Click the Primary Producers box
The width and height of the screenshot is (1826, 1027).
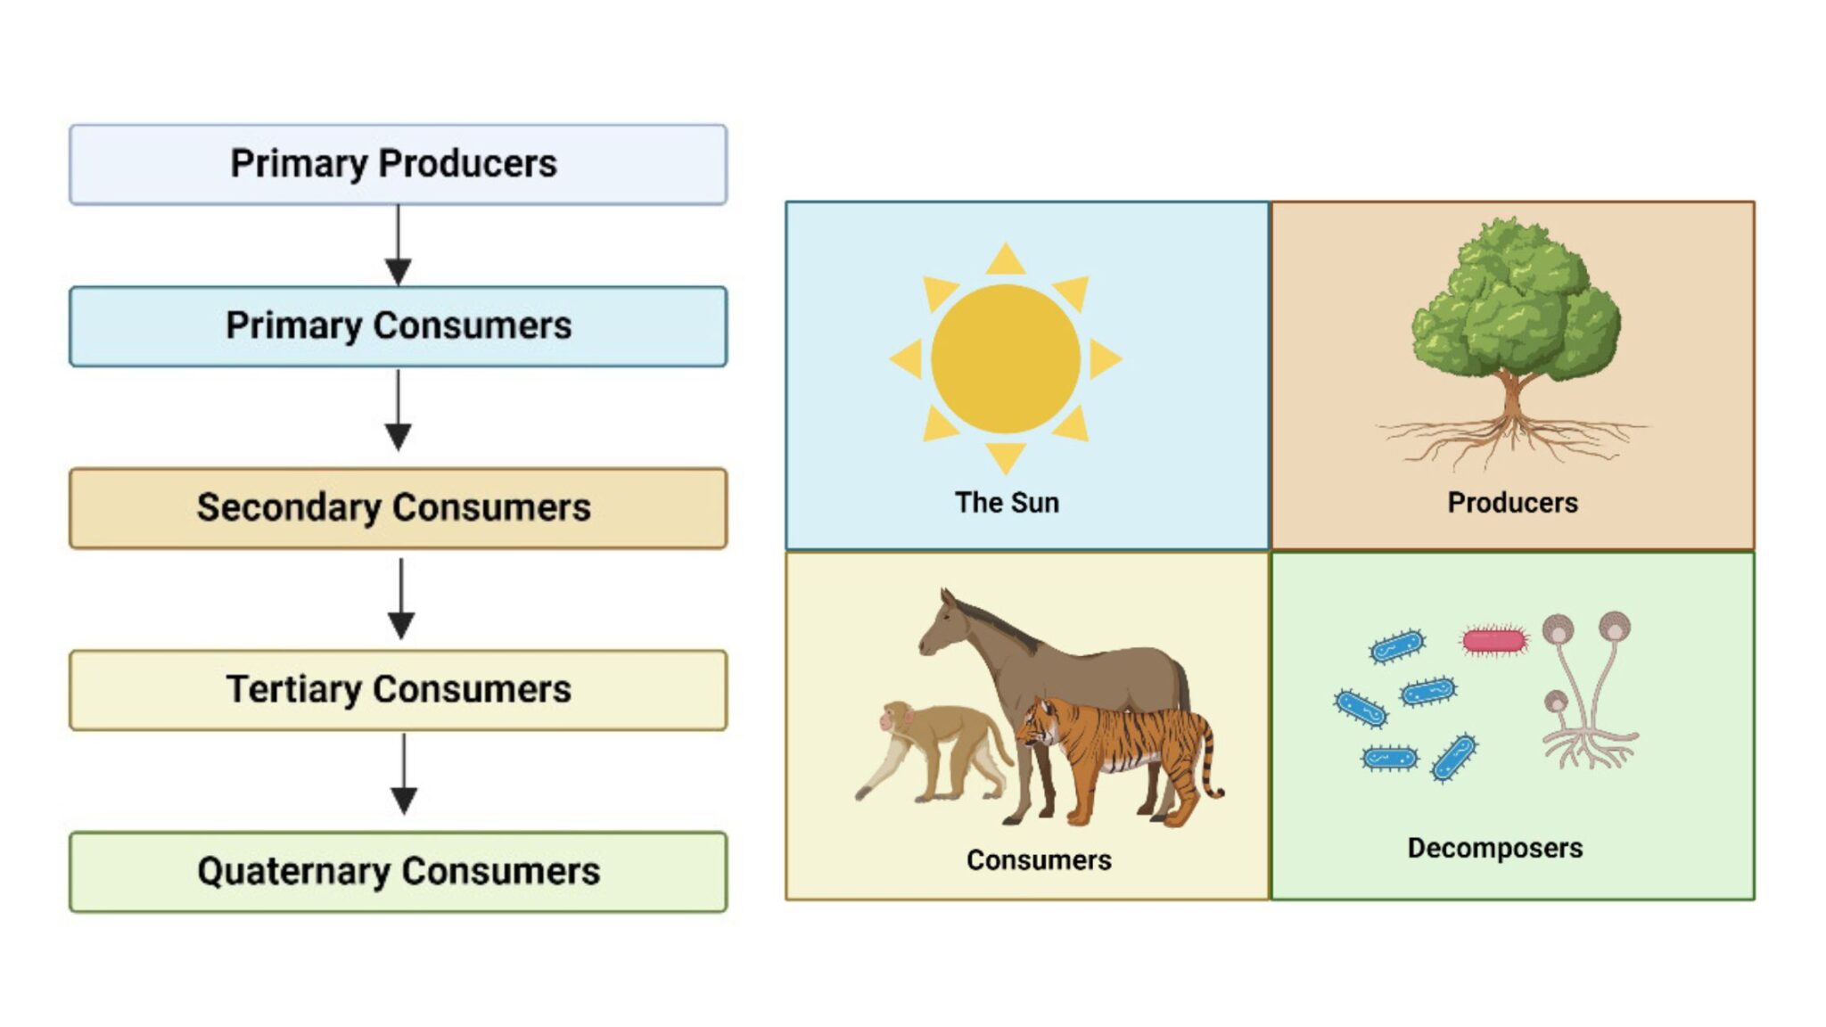click(398, 165)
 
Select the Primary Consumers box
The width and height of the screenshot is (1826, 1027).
click(398, 326)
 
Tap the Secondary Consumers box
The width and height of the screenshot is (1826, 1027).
click(398, 508)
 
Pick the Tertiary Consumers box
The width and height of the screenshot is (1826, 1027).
click(398, 690)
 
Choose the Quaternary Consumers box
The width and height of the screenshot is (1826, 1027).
click(398, 872)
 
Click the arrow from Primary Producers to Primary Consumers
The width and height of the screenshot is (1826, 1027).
click(398, 245)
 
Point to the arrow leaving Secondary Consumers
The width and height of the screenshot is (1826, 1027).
click(401, 598)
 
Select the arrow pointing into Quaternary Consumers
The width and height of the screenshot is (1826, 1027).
click(404, 774)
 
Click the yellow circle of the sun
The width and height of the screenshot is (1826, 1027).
click(1006, 358)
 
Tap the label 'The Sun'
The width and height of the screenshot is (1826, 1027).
click(1007, 503)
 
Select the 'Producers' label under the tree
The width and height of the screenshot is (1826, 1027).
click(1512, 503)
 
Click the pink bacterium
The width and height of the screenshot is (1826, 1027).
click(1494, 640)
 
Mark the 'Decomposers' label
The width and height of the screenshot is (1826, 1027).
click(1494, 848)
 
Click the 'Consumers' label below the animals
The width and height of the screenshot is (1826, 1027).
click(1039, 860)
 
